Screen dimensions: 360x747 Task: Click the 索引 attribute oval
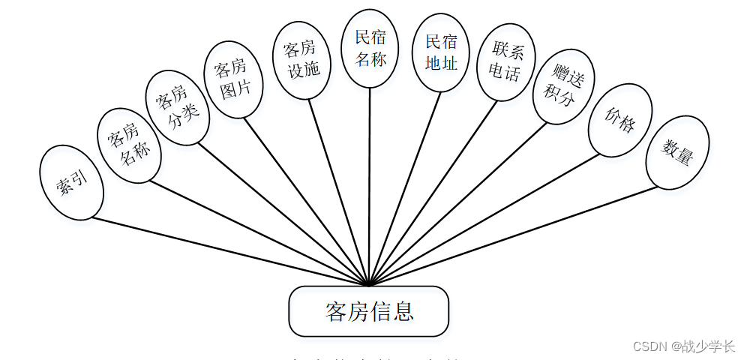(71, 182)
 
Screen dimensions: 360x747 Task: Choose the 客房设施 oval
(301, 59)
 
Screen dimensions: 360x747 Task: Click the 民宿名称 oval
(370, 47)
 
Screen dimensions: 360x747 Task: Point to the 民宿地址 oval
(441, 52)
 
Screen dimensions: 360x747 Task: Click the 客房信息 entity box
(369, 311)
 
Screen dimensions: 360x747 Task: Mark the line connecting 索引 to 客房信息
(225, 250)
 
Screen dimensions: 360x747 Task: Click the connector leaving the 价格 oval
(487, 218)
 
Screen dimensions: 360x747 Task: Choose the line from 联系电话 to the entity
(435, 191)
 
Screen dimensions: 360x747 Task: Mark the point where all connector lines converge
(369, 285)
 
